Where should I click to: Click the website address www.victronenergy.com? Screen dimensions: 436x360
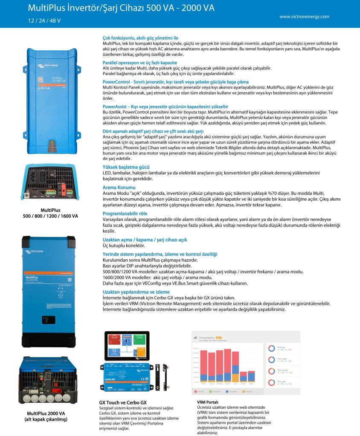(x=304, y=17)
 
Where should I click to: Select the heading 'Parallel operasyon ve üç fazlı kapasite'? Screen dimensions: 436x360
(x=139, y=62)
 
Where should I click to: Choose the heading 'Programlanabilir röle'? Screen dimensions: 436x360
(x=125, y=213)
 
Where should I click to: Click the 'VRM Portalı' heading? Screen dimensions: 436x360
(x=208, y=402)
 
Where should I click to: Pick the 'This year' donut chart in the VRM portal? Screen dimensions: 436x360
(x=271, y=382)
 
